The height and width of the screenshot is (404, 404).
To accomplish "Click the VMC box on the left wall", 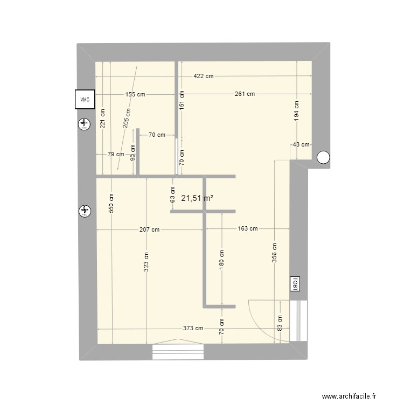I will point(85,99).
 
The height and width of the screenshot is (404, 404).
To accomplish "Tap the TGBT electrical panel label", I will point(295,283).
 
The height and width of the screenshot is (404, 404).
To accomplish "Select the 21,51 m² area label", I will point(197,198).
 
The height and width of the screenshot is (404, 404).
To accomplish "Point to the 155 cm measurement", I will point(135,94).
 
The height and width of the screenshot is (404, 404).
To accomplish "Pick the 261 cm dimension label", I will point(245,94).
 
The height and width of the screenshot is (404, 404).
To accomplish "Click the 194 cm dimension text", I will point(296,110).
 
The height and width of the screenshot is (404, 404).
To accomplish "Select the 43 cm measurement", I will point(301,144).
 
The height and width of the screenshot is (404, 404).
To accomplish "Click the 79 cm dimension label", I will point(115,155).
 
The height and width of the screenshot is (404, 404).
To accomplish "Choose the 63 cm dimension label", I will point(172,194).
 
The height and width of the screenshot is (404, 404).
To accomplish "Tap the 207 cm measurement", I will point(149,229).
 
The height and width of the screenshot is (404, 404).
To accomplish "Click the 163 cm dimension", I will point(247,229).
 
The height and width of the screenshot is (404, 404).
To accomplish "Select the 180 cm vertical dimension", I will point(221,259).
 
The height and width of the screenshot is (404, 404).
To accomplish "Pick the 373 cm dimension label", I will point(192,329).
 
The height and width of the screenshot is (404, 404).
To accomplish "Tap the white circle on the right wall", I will point(323,157).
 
